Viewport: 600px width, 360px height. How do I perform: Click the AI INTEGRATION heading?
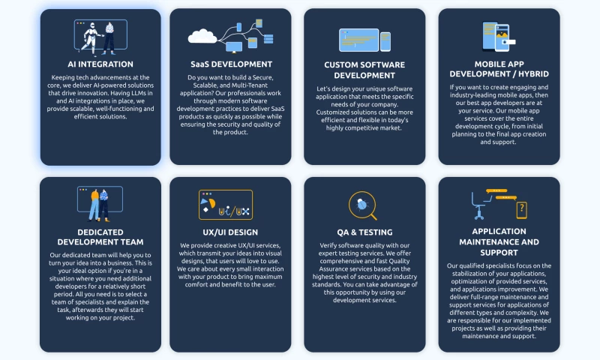coord(100,64)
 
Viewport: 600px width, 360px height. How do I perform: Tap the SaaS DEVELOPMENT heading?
coord(232,64)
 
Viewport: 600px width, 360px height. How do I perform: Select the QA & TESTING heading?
coord(364,232)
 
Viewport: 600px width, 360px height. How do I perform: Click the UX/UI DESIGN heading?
coord(230,232)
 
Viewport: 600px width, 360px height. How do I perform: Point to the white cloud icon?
coord(202,36)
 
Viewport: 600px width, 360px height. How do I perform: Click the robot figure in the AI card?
coord(91,39)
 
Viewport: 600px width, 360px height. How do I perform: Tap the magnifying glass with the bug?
coord(363,205)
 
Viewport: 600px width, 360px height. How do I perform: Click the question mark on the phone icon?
coord(522,209)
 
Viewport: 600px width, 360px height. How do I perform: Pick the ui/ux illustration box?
coord(226,205)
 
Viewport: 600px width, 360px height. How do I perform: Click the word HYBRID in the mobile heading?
coord(534,73)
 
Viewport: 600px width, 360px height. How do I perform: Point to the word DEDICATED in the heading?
coord(100,232)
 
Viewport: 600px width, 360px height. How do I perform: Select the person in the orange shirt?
coord(94,205)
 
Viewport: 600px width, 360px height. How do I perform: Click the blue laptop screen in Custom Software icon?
coord(359,40)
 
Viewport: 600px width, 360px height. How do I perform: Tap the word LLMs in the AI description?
coord(144,93)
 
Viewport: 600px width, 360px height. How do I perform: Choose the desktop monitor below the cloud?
coord(234,47)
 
